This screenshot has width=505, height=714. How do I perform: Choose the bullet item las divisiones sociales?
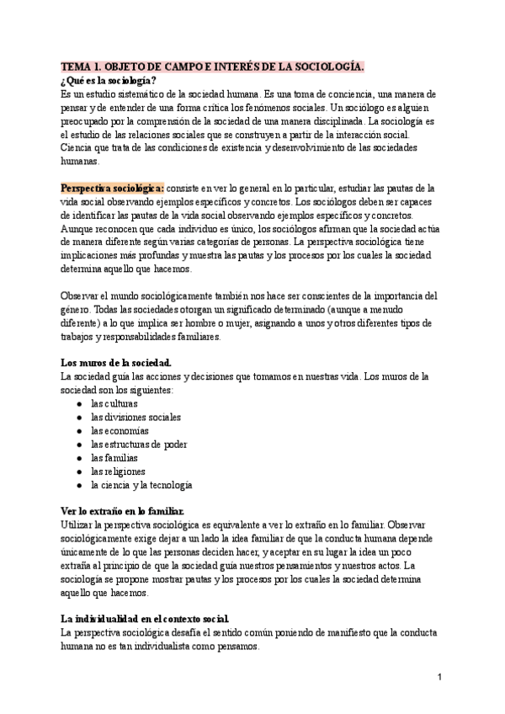pyautogui.click(x=136, y=417)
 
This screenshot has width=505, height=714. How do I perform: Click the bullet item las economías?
pyautogui.click(x=120, y=430)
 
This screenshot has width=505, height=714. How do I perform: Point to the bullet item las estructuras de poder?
pyautogui.click(x=139, y=444)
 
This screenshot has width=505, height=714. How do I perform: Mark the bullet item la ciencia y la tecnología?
pyautogui.click(x=141, y=485)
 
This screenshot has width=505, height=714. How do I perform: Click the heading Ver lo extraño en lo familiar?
pyautogui.click(x=123, y=511)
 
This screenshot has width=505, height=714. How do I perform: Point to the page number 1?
pyautogui.click(x=439, y=676)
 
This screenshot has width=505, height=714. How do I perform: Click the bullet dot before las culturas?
pyautogui.click(x=78, y=404)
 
